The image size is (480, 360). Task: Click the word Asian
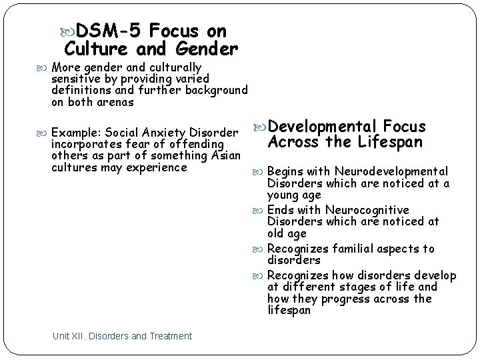225,155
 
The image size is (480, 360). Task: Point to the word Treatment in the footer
170,336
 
